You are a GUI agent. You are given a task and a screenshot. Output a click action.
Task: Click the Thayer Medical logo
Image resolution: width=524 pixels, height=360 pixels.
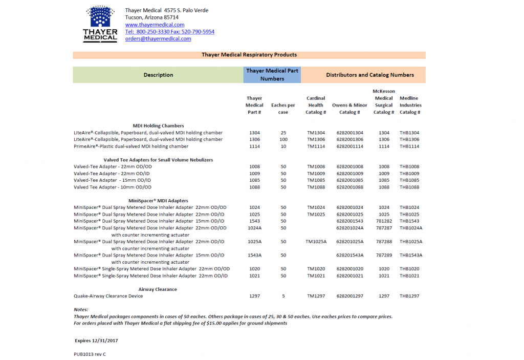pyautogui.click(x=100, y=24)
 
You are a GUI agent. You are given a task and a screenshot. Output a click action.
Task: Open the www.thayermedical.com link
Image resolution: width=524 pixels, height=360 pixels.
pyautogui.click(x=155, y=25)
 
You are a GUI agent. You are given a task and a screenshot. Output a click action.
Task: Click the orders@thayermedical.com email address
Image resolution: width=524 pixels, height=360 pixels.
pyautogui.click(x=158, y=38)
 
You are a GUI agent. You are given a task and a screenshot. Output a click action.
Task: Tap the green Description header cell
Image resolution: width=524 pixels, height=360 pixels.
pyautogui.click(x=158, y=75)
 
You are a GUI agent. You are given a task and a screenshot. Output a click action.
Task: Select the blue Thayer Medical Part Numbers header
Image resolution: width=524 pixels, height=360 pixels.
pyautogui.click(x=272, y=75)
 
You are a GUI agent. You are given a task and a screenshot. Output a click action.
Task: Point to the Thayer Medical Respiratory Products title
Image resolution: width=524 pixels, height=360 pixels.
pyautogui.click(x=249, y=55)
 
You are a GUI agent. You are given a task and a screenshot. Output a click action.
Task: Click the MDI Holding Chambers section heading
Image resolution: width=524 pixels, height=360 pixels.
pyautogui.click(x=158, y=125)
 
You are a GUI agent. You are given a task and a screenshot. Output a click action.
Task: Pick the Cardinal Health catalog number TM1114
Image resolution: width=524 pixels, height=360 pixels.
pyautogui.click(x=316, y=146)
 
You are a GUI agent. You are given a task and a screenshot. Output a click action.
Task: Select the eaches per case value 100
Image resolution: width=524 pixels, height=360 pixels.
pyautogui.click(x=283, y=139)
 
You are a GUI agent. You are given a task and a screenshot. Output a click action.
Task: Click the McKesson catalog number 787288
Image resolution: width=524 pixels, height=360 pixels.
pyautogui.click(x=384, y=241)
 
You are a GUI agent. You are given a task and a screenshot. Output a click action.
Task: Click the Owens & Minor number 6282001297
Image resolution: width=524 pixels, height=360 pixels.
pyautogui.click(x=350, y=296)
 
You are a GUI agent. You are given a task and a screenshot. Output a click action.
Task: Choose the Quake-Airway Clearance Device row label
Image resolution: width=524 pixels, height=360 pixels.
pyautogui.click(x=108, y=296)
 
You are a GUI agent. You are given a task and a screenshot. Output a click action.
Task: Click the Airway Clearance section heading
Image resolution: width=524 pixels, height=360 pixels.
pyautogui.click(x=158, y=289)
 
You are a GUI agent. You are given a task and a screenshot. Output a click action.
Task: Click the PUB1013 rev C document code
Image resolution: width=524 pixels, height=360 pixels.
pyautogui.click(x=90, y=354)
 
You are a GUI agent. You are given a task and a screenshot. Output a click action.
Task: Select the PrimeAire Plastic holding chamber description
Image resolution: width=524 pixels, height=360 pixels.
pyautogui.click(x=131, y=146)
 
